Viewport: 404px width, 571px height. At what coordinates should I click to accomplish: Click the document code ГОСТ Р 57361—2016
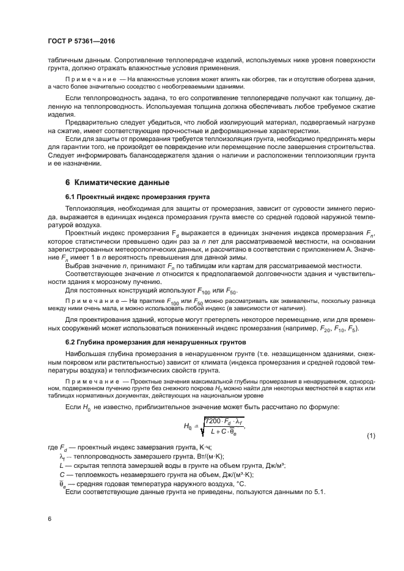81,41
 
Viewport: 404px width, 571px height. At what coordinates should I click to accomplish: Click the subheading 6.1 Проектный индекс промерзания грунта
137,197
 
